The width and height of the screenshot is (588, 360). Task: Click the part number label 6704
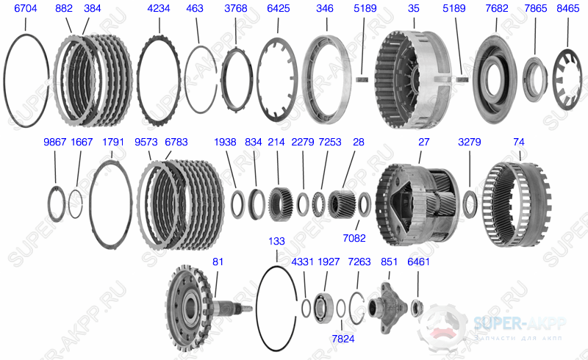click(x=26, y=8)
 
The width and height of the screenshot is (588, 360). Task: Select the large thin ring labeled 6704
click(x=5, y=81)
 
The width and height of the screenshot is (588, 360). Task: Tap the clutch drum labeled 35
click(x=412, y=79)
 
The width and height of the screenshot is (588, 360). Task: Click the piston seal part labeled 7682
click(x=495, y=79)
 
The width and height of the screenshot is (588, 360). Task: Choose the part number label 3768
click(x=236, y=8)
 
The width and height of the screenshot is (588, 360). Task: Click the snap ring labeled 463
click(x=187, y=79)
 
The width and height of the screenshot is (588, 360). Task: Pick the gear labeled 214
click(x=278, y=204)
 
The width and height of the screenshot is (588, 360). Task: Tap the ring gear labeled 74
click(x=517, y=204)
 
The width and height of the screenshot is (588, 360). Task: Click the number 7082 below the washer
click(x=354, y=238)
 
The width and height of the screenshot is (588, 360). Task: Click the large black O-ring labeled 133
click(x=259, y=309)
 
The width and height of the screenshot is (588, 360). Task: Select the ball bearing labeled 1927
click(x=323, y=308)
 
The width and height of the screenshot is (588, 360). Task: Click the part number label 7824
click(x=343, y=339)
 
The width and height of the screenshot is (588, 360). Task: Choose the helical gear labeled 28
click(x=342, y=204)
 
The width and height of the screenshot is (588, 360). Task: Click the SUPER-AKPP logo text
click(x=520, y=323)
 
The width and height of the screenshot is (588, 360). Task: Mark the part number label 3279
click(x=470, y=142)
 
